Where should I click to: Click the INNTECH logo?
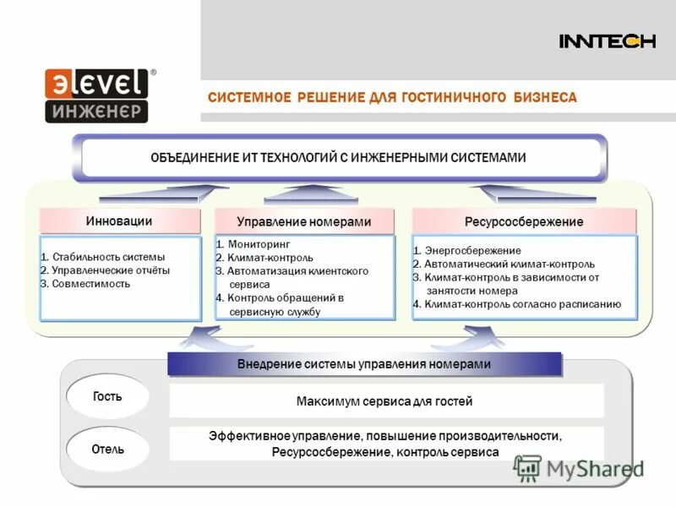coord(607,41)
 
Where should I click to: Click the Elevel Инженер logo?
coord(98,95)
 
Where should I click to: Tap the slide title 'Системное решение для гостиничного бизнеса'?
coord(392,98)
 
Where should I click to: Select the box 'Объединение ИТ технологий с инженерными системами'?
coord(339,157)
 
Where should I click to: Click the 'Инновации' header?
coord(119,221)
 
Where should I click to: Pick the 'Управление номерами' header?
coord(304,221)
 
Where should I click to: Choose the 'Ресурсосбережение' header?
coord(524,221)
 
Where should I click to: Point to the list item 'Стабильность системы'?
coord(103,257)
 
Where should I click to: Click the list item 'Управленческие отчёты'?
coord(106,270)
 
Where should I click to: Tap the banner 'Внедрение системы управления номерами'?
coord(364,364)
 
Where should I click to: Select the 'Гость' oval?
coord(107,396)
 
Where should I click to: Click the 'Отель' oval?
coord(107,449)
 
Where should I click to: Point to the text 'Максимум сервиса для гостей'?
coord(384,401)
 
